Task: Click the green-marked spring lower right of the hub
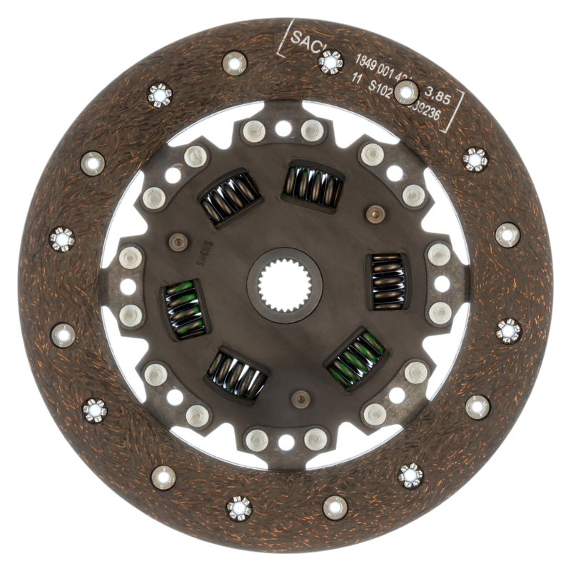[356, 357]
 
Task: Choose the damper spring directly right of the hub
[387, 281]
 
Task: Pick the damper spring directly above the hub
[312, 185]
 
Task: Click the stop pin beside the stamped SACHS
[178, 242]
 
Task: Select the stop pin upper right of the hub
[373, 213]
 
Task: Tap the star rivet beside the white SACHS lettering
[330, 63]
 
